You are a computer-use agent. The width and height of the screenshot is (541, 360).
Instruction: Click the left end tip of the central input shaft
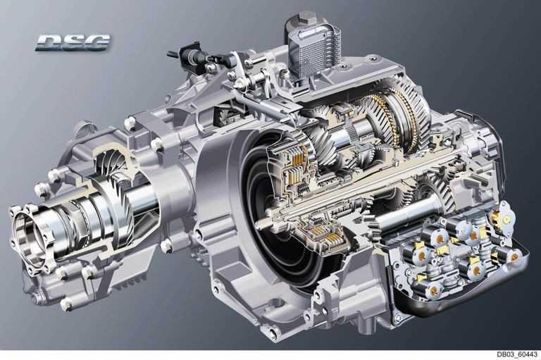click(262, 223)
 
